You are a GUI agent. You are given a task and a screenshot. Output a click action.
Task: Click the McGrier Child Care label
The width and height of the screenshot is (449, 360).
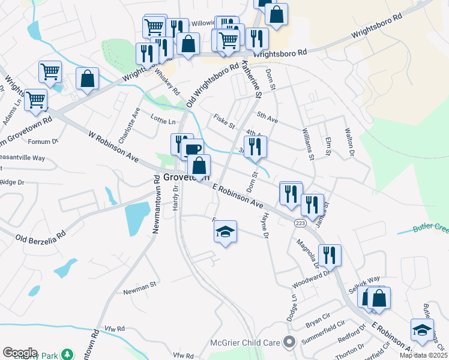coord(246,342)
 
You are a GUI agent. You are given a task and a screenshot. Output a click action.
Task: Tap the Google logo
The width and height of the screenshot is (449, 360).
coord(20,352)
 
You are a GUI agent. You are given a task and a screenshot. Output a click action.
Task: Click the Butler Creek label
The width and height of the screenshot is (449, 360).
coord(430,229)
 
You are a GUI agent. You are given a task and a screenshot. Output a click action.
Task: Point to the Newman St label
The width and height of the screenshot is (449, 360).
coord(139,283)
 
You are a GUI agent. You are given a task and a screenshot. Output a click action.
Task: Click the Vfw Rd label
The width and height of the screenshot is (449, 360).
coord(113,328)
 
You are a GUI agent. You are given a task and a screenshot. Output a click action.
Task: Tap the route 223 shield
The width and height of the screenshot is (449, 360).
coord(300,223)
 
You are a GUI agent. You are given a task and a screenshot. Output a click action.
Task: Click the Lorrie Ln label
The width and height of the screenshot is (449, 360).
coord(163,121)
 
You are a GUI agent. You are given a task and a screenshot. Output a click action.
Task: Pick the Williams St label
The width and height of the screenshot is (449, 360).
coord(308,143)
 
